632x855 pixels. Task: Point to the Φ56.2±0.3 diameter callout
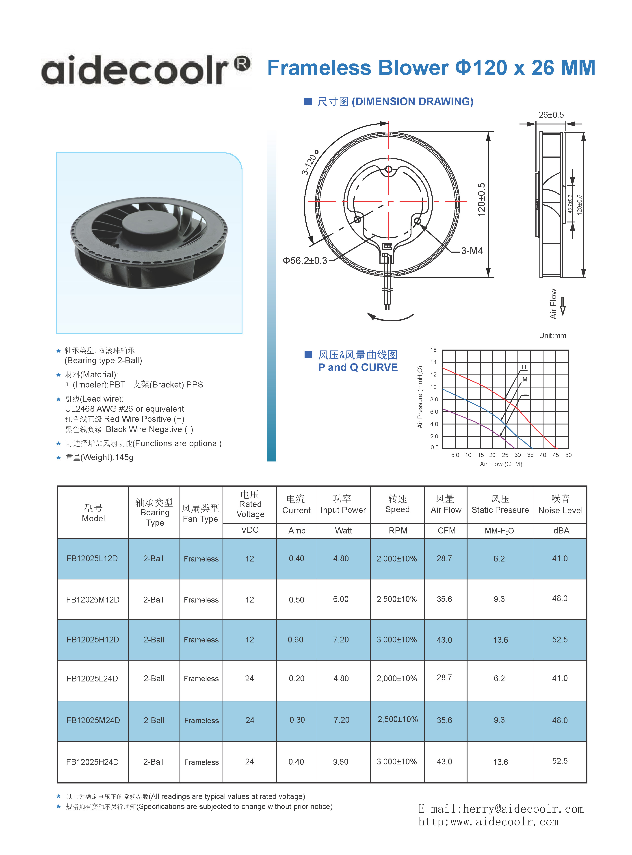click(305, 261)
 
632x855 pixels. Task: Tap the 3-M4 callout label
click(472, 251)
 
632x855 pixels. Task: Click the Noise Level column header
click(561, 505)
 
